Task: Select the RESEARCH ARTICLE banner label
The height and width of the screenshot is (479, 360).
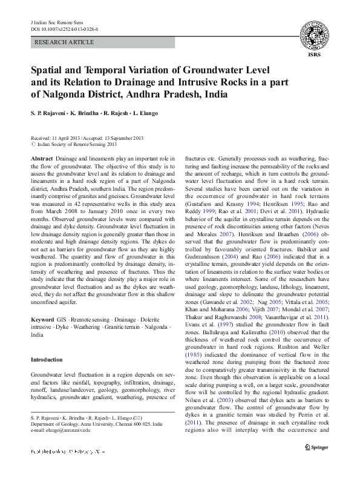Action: (65, 42)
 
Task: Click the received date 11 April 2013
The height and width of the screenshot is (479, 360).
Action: (68, 138)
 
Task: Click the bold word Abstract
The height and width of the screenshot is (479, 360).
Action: (42, 157)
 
